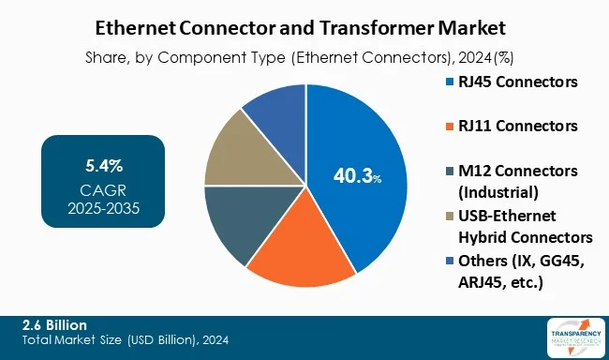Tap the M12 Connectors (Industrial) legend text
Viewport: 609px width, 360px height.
(518, 179)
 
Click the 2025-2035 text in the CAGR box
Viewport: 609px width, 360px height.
(103, 207)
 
